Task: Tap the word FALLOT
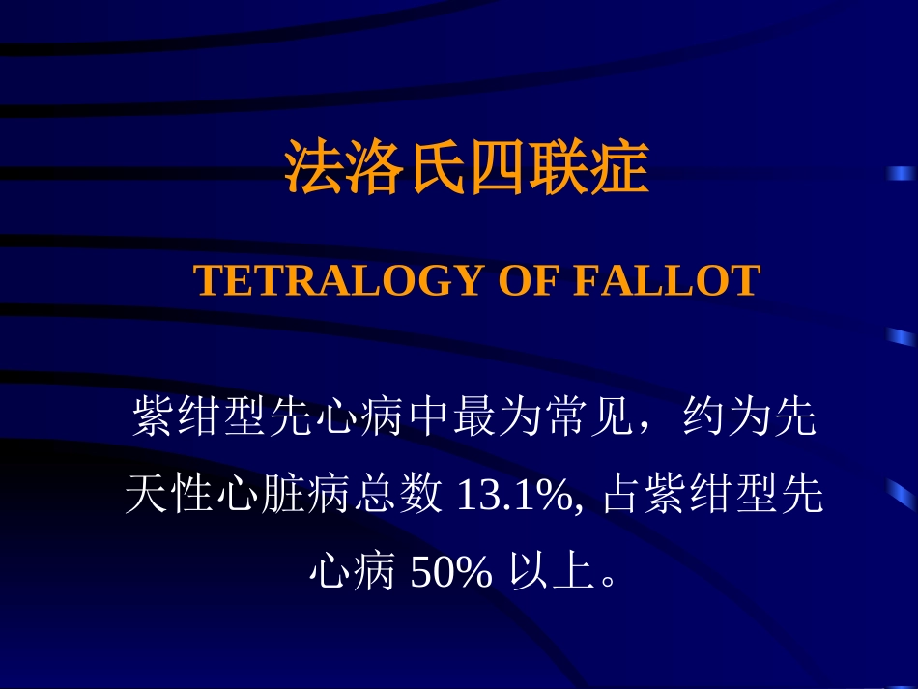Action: click(x=667, y=281)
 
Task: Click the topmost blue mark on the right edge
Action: click(x=901, y=174)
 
